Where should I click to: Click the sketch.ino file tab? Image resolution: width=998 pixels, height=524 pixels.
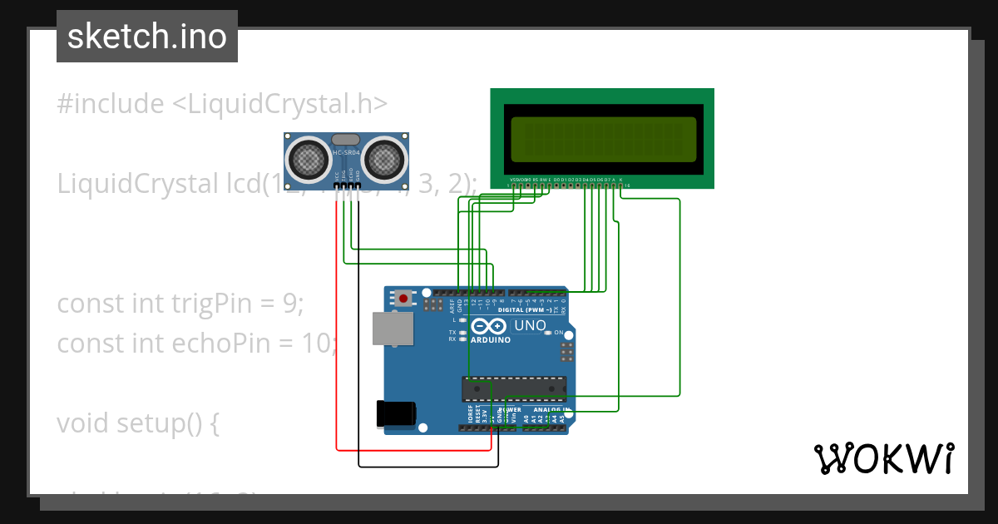(146, 37)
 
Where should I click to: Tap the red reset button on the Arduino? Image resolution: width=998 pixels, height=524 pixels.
(404, 297)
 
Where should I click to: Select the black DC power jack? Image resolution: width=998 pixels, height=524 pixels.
(395, 413)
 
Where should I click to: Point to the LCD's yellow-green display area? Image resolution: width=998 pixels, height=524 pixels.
(603, 139)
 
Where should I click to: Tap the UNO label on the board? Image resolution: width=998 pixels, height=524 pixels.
(530, 325)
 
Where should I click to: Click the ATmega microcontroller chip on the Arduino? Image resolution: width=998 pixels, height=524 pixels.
(514, 388)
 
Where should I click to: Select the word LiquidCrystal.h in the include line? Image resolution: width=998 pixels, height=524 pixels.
(279, 104)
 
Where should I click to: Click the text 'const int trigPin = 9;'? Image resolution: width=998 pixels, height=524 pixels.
(180, 304)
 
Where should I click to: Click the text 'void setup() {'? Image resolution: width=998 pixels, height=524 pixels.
(137, 423)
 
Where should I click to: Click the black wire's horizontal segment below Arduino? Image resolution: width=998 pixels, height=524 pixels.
(428, 465)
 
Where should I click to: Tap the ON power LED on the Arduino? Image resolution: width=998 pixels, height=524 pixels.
(548, 333)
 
